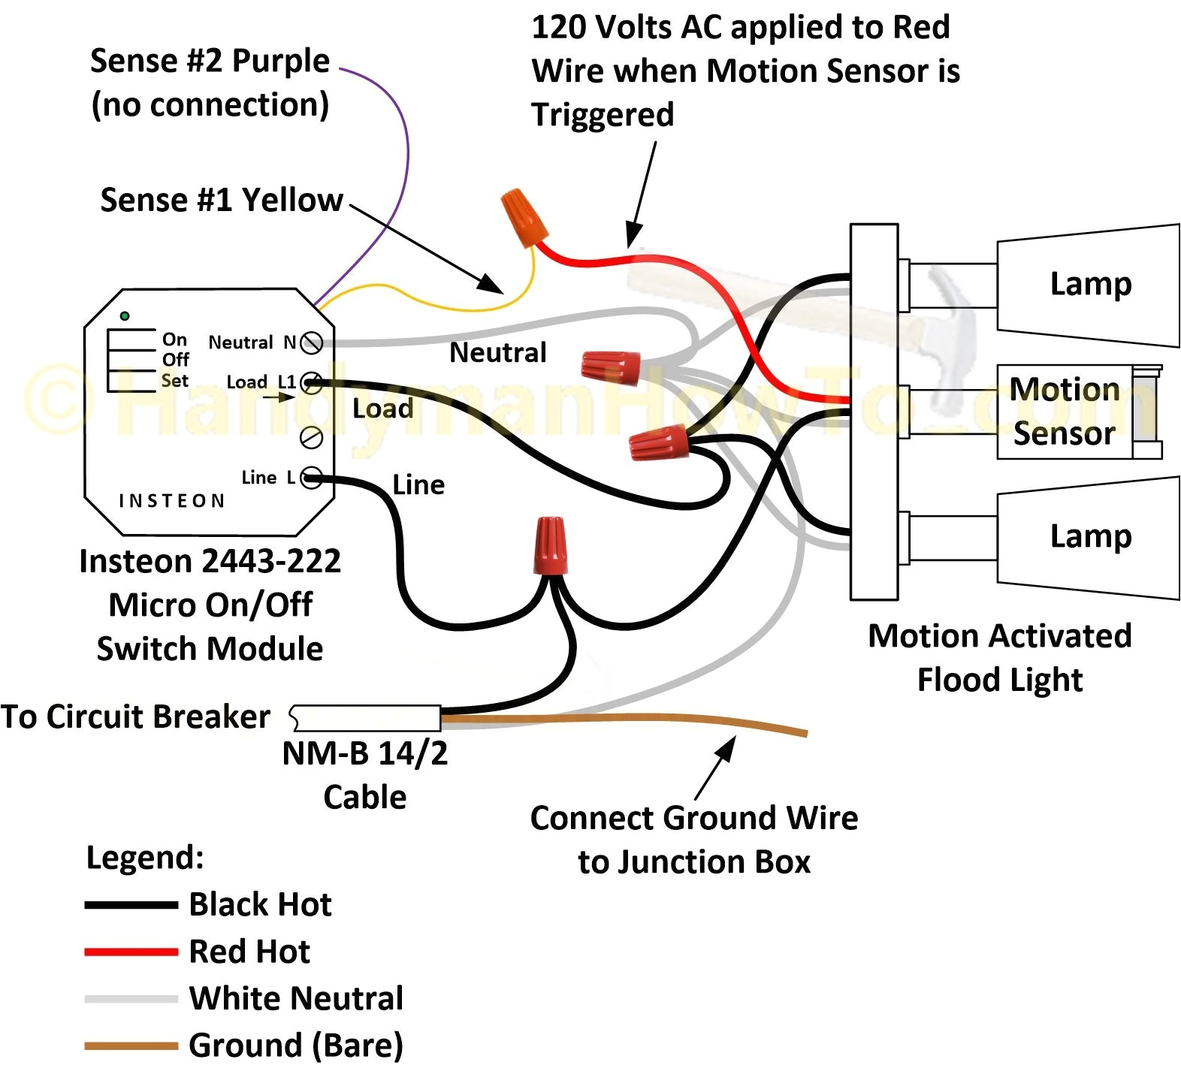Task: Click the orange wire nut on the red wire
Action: [x=523, y=216]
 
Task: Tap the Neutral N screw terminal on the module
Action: [x=311, y=343]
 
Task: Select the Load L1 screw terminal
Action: [x=311, y=384]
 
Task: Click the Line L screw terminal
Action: [x=311, y=478]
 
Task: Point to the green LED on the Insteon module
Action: [x=125, y=316]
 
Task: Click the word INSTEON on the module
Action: [x=172, y=501]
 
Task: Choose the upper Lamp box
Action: [x=1088, y=285]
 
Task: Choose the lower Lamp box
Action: [x=1088, y=537]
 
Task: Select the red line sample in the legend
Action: [x=131, y=952]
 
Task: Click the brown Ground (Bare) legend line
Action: [x=131, y=1045]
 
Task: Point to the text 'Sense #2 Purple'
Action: [x=210, y=60]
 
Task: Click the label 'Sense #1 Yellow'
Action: [x=222, y=200]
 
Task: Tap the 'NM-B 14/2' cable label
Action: [x=365, y=753]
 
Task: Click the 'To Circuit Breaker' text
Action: [x=135, y=717]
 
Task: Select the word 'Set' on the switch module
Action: [x=174, y=381]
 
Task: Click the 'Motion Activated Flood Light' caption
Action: [x=999, y=657]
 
